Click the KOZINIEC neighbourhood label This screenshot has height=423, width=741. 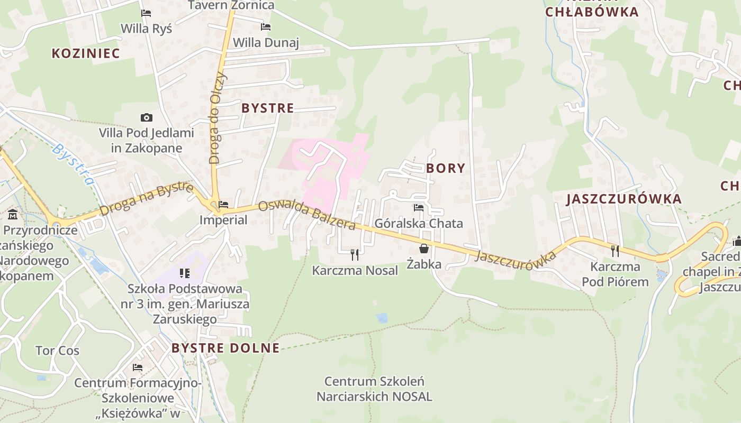[x=86, y=53]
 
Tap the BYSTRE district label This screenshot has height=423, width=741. [x=267, y=108]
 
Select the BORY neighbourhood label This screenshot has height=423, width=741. [x=446, y=168]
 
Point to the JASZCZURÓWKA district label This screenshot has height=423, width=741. [x=624, y=199]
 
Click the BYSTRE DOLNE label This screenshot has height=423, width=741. [x=225, y=348]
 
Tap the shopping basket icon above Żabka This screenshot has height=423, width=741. [x=424, y=249]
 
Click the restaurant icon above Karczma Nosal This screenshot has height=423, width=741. [x=355, y=255]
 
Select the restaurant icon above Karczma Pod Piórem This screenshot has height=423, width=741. [x=615, y=251]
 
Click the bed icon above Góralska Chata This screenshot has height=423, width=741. [x=419, y=208]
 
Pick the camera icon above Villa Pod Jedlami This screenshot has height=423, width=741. [x=147, y=117]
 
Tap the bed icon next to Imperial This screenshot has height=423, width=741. [x=223, y=205]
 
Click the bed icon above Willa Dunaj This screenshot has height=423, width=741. [x=266, y=27]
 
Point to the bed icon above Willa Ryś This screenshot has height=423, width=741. [x=146, y=13]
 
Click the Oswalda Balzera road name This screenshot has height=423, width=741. [x=307, y=215]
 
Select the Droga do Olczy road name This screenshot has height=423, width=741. [x=218, y=117]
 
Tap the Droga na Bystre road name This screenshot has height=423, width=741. [x=146, y=199]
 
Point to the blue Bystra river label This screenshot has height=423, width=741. [x=74, y=164]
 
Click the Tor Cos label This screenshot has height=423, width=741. [x=57, y=351]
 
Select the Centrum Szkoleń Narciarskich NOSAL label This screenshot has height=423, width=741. [x=374, y=389]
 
